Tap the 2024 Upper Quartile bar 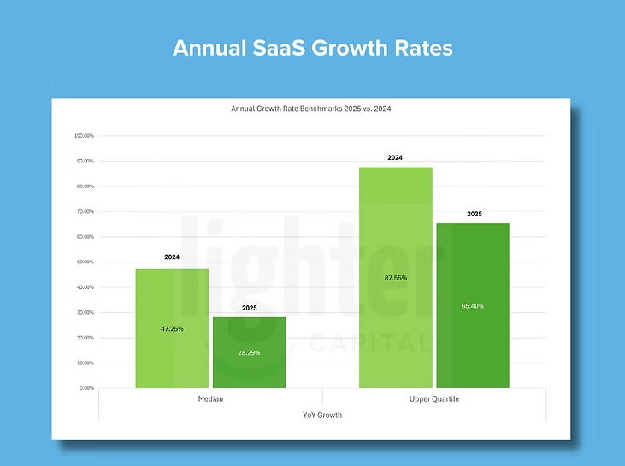coord(395,239)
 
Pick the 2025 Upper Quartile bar coord(473,257)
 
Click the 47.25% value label coord(172,328)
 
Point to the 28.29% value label coord(249,351)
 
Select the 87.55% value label coord(395,278)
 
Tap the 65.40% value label coord(473,305)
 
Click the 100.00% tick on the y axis coord(84,136)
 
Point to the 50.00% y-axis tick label coord(85,262)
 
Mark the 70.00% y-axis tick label coord(85,211)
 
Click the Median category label coord(210,400)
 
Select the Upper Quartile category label coord(433,400)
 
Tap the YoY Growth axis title coord(322,415)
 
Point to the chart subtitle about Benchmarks coord(311,109)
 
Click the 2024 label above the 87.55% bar coord(395,158)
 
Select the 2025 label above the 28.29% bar coord(249,308)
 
